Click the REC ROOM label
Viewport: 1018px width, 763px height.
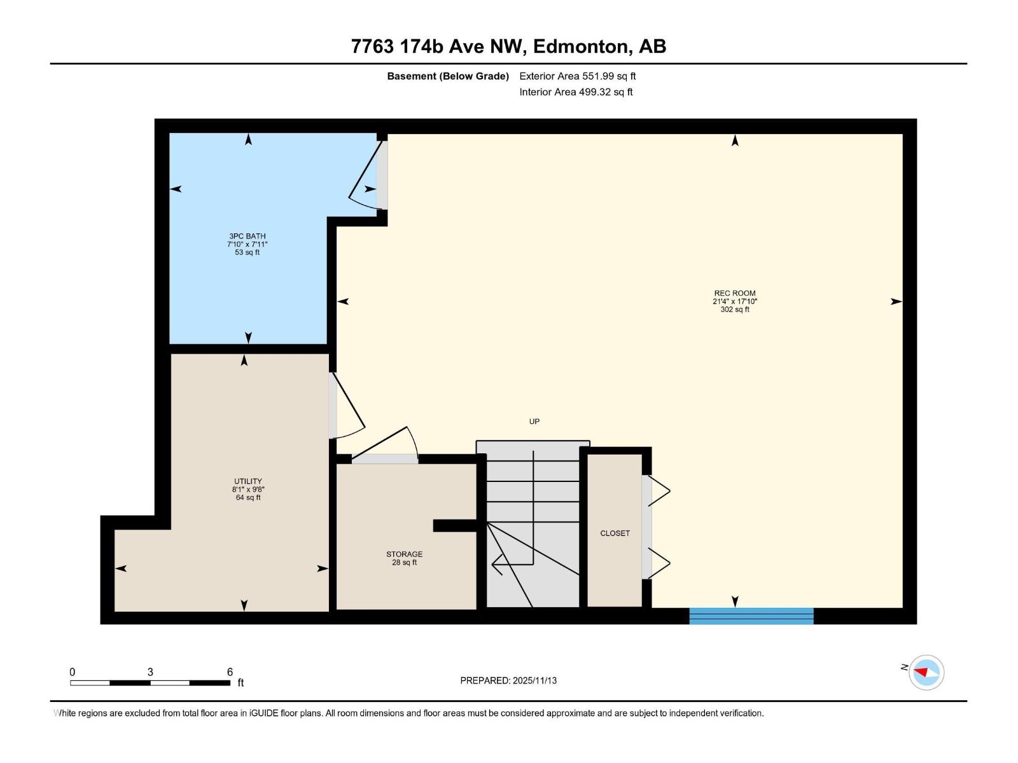[x=735, y=293]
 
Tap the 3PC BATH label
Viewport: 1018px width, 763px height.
[x=248, y=237]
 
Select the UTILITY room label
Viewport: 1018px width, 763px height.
[x=248, y=481]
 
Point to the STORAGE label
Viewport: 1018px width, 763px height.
[x=405, y=554]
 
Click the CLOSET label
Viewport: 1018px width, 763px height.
[x=615, y=533]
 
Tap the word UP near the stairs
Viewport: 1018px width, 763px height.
[x=534, y=422]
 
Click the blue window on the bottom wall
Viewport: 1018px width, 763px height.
[x=751, y=616]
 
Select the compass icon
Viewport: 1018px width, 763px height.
[x=926, y=672]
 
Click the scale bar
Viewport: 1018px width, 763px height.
[x=150, y=683]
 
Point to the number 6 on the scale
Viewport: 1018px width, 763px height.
[x=230, y=671]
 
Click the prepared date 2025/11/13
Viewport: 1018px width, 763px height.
[x=534, y=680]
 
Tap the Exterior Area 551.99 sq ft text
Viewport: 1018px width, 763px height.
[x=578, y=76]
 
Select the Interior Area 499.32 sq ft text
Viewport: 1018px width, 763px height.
[x=576, y=92]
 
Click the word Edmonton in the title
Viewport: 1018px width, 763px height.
[x=581, y=46]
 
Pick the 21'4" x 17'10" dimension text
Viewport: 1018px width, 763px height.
[x=735, y=301]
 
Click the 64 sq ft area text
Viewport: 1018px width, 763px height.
[x=248, y=498]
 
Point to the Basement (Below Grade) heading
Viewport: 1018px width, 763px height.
[x=448, y=76]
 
